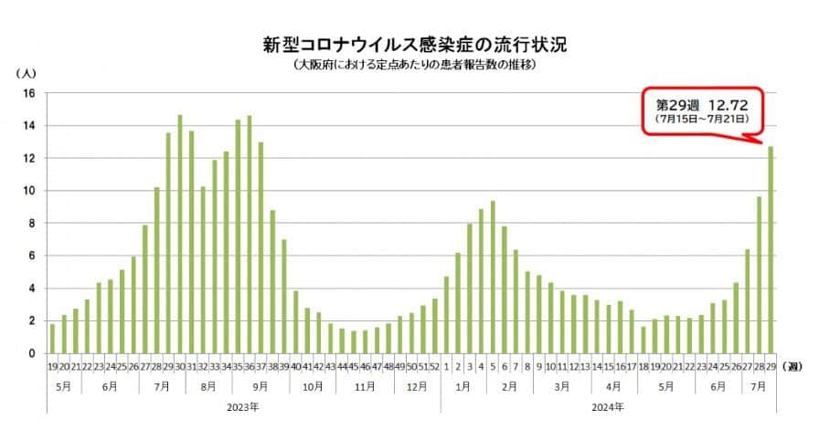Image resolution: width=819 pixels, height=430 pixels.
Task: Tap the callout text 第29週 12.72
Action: coord(700,103)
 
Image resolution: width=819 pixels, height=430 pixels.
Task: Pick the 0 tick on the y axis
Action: coord(31,353)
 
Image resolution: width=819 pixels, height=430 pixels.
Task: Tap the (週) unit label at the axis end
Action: coord(794,366)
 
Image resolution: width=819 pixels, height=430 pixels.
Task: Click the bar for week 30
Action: coord(179,235)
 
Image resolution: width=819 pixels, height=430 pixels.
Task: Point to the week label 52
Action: coord(434,366)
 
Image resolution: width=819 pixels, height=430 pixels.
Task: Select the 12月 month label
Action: coord(417,386)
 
